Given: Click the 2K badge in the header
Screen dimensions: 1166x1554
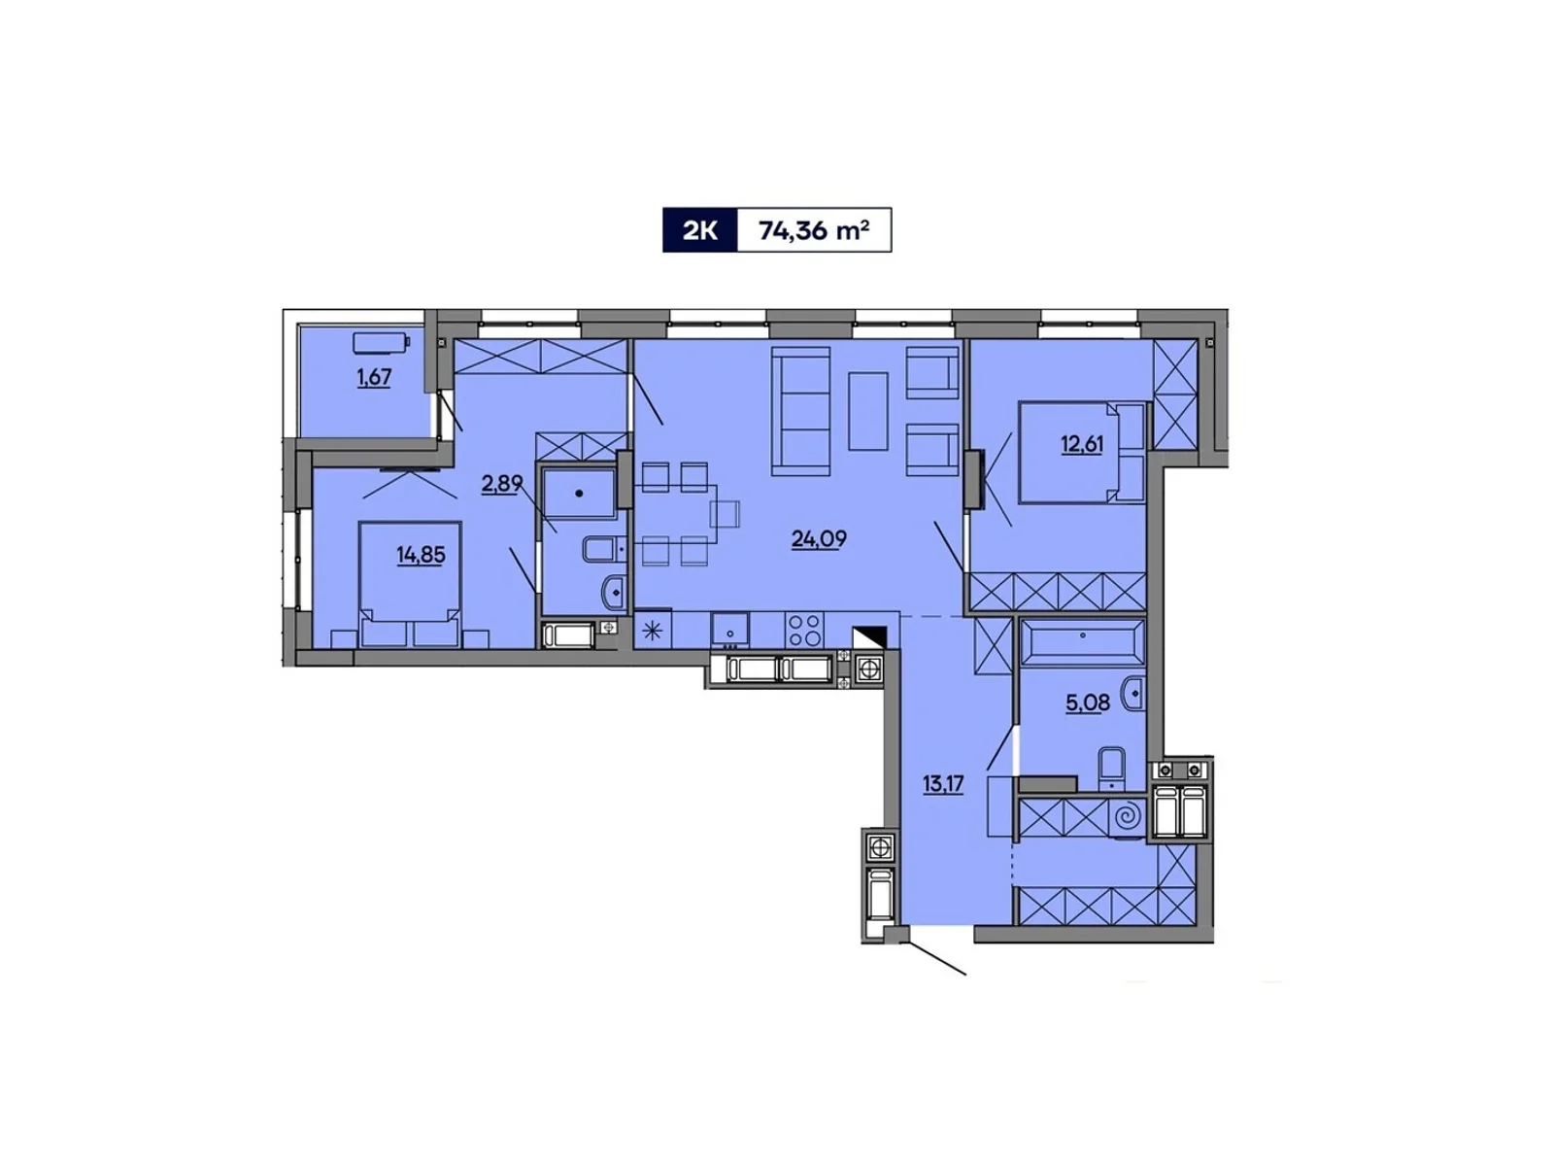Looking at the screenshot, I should [699, 231].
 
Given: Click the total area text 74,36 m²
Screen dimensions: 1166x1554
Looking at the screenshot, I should [814, 231].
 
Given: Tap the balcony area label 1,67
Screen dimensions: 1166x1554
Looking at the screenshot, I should [373, 378].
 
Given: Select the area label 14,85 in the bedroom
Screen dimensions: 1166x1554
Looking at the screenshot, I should [421, 556].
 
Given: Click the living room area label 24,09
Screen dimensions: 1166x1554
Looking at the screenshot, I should [819, 539].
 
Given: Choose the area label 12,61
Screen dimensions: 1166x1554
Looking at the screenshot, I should [1082, 445].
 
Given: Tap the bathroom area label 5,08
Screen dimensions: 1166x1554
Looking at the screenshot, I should [1087, 703].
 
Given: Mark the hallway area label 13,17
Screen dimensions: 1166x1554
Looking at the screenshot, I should [942, 784].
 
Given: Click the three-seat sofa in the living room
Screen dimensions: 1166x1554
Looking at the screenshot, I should [800, 411].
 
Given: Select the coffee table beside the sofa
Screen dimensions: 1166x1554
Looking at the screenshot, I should [867, 411].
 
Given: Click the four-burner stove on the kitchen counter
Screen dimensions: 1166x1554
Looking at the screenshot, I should [804, 630].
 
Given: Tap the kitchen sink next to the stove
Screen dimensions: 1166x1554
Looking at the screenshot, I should [729, 629].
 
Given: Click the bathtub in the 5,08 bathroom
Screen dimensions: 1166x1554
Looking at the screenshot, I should [1082, 641].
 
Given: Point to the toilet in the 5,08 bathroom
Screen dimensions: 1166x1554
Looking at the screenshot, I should [1112, 768].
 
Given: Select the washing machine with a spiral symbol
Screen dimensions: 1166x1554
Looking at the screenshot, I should [1127, 818].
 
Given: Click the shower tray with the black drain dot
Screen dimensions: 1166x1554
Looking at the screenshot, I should [579, 494].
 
